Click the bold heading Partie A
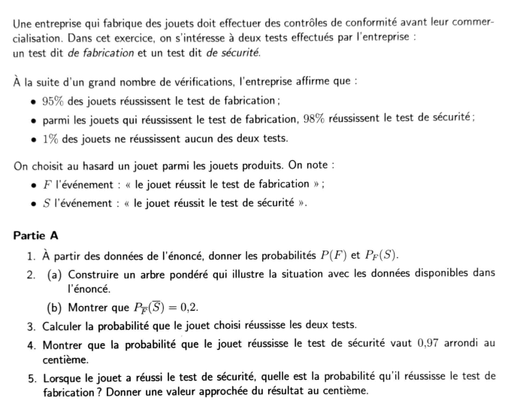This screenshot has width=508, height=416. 35,235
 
